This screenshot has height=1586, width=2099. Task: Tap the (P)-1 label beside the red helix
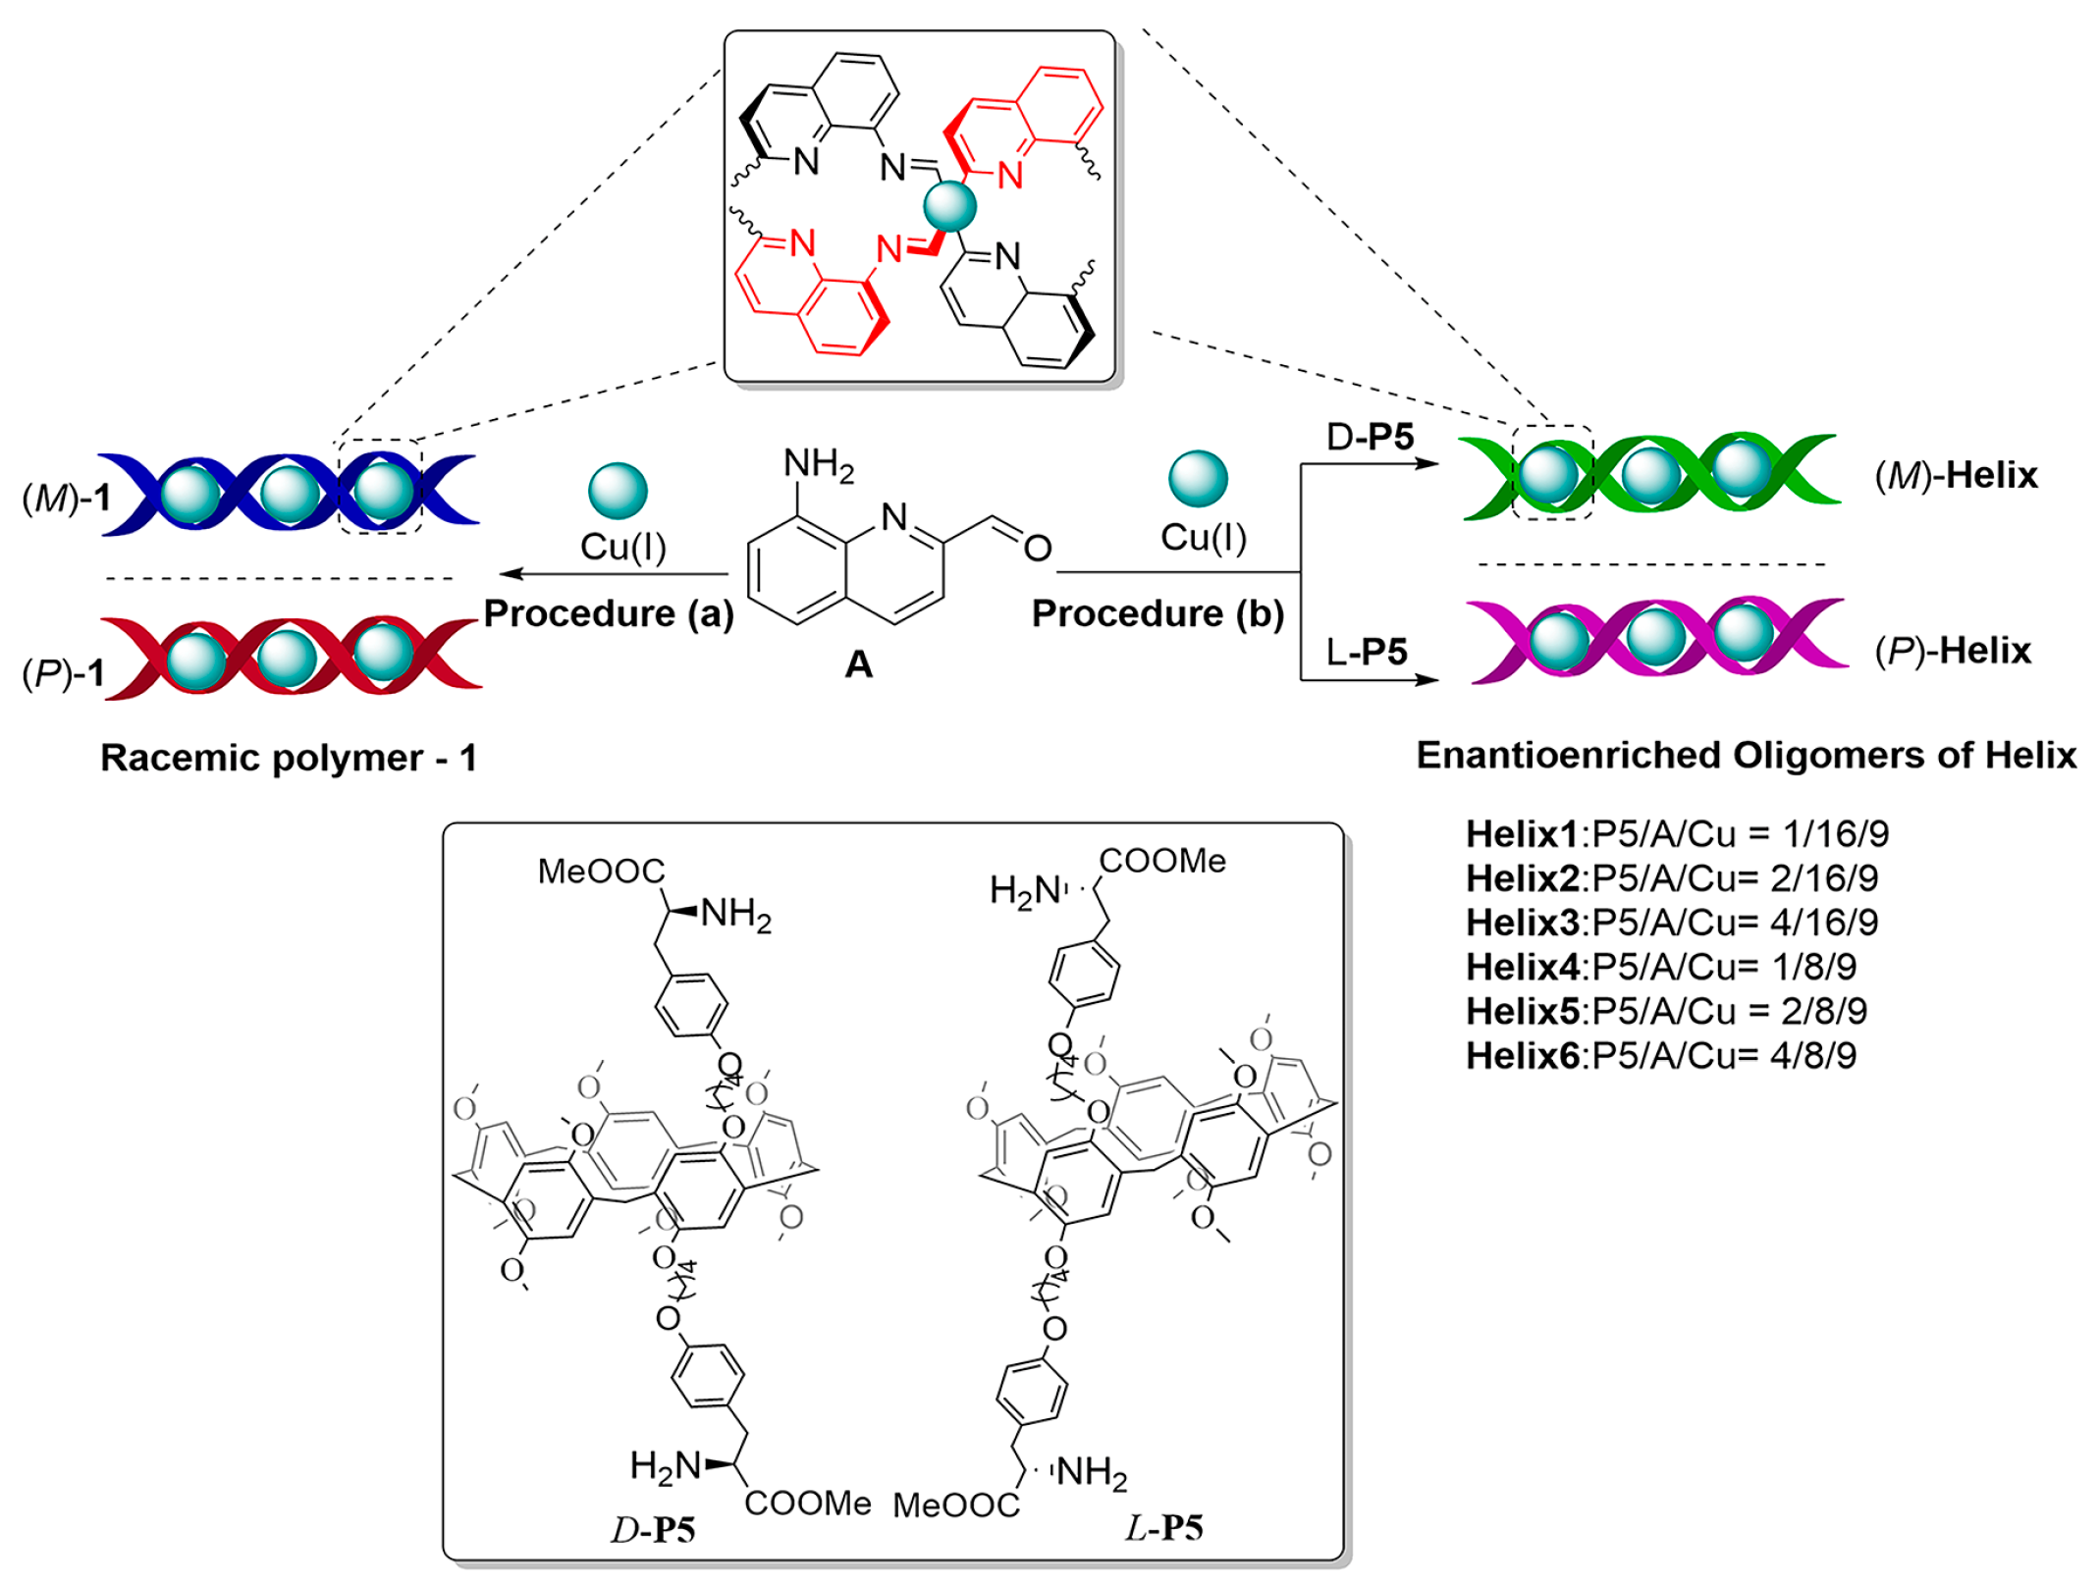(x=64, y=673)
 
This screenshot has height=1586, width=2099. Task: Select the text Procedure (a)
(x=609, y=613)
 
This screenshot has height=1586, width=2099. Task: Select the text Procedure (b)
(x=1157, y=613)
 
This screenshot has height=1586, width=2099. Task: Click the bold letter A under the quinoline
(x=858, y=664)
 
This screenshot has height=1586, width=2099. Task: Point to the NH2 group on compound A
(x=818, y=464)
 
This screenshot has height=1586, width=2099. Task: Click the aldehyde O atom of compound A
(x=1037, y=548)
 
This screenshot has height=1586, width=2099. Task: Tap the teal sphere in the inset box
(x=949, y=206)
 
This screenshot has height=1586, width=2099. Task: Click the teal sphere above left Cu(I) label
(x=618, y=491)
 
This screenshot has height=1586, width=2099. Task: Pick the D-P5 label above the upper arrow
(x=1369, y=437)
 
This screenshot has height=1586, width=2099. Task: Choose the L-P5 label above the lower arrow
(x=1367, y=652)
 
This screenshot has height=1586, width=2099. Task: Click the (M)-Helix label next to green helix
(x=1956, y=476)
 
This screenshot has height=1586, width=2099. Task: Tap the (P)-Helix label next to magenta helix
(x=1953, y=651)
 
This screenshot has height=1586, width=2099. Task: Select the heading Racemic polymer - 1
(x=289, y=758)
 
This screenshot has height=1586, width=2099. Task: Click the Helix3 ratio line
(x=1671, y=923)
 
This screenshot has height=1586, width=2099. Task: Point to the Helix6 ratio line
(x=1660, y=1055)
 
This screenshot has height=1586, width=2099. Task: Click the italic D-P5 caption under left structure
(x=653, y=1530)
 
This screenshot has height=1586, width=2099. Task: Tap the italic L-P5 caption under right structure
(x=1163, y=1528)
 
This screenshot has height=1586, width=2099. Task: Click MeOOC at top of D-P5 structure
(x=601, y=872)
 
